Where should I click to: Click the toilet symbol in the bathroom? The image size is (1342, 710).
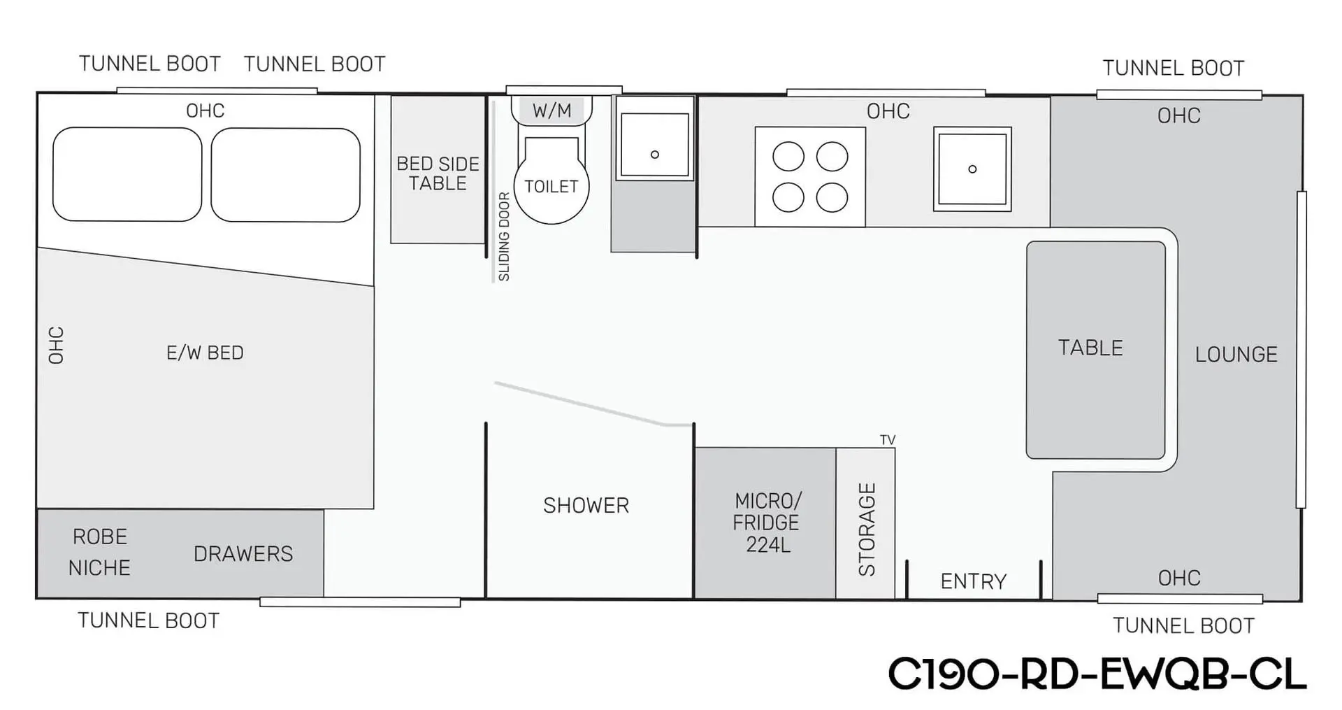coord(551,180)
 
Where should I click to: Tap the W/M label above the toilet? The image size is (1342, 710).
coord(551,111)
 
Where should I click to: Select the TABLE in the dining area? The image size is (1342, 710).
coord(1095,350)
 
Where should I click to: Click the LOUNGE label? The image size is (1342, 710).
coord(1236,355)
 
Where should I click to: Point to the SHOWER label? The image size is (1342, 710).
coord(586,506)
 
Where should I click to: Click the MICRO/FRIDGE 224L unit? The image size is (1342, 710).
coord(765,523)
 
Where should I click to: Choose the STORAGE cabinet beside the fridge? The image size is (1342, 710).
coord(865,523)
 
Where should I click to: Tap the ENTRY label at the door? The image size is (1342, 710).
coord(973,581)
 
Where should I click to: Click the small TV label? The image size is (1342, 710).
coord(888,440)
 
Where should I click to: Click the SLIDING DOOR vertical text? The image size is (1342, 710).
coord(504,236)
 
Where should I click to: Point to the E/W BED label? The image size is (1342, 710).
coord(205,353)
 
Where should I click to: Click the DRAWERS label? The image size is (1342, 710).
coord(243,554)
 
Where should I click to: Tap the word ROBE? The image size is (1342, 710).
coord(100,537)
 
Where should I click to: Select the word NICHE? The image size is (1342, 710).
coord(99,567)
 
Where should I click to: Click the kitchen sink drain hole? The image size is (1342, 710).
coord(972,169)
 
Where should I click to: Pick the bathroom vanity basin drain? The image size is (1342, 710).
coord(655,155)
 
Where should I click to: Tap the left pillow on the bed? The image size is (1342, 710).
coord(127,174)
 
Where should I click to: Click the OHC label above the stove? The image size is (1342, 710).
coord(888,111)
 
